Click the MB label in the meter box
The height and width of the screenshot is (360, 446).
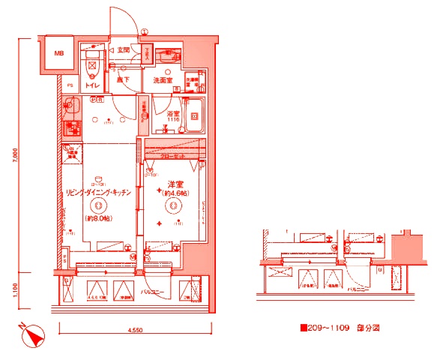59,55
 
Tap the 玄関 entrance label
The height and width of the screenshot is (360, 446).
123,49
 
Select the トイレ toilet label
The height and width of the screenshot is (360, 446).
92,85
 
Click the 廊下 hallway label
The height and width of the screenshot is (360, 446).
124,79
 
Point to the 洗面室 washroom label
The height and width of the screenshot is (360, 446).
163,79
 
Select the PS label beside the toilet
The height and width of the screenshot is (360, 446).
70,85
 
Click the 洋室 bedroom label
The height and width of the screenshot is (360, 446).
175,184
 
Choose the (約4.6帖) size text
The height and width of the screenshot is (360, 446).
175,194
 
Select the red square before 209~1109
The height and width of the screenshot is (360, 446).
303,328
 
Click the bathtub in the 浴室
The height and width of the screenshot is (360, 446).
193,117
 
